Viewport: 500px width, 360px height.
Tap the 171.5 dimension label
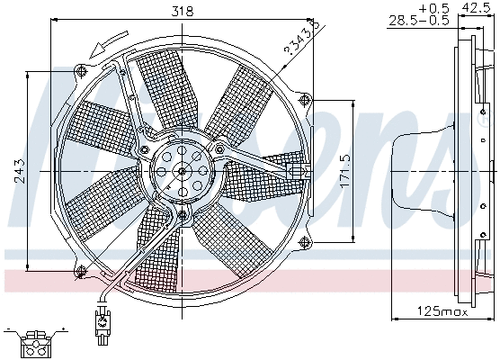pyautogui.click(x=343, y=168)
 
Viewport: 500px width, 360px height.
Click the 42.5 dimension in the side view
pyautogui.click(x=478, y=7)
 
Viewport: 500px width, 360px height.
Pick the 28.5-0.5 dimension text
pyautogui.click(x=417, y=20)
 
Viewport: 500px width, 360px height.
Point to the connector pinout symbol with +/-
pyautogui.click(x=35, y=337)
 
